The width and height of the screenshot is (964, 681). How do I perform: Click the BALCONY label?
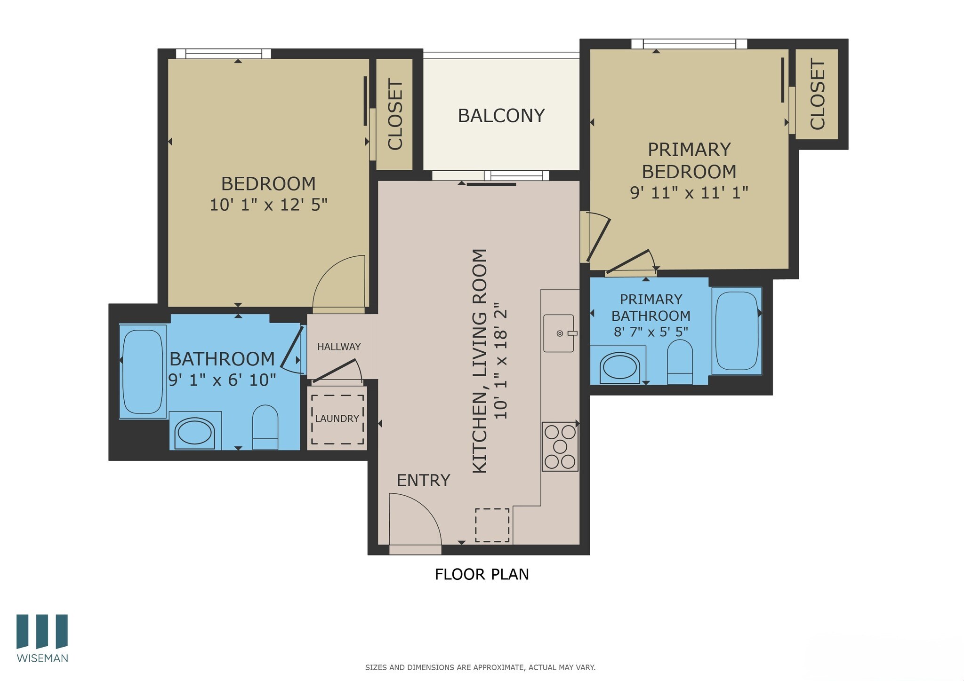coord(501,116)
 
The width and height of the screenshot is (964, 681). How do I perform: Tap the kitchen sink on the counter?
coord(559,333)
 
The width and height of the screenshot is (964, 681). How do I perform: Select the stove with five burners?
coord(560,446)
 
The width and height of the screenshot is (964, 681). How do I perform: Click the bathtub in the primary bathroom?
coord(736,331)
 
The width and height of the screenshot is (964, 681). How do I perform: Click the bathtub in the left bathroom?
coord(142,371)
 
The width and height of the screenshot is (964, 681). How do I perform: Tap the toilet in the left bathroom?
coord(265,427)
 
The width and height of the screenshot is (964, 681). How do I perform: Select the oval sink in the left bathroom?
coord(194,432)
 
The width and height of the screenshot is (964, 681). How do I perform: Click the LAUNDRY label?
coord(337,419)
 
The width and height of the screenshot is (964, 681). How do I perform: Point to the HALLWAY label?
coord(338,347)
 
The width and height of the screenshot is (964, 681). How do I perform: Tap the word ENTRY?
coord(423,481)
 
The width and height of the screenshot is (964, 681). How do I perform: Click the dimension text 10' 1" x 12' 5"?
coord(268,205)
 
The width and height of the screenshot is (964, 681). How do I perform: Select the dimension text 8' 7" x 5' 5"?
coord(651,332)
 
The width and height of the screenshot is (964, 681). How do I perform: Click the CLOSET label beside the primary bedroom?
coord(818,95)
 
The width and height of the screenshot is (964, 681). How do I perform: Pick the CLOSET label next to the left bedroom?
coord(395,115)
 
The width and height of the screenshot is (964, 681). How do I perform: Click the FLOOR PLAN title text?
coord(482,574)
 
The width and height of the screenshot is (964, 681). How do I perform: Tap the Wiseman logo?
coord(42,637)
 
